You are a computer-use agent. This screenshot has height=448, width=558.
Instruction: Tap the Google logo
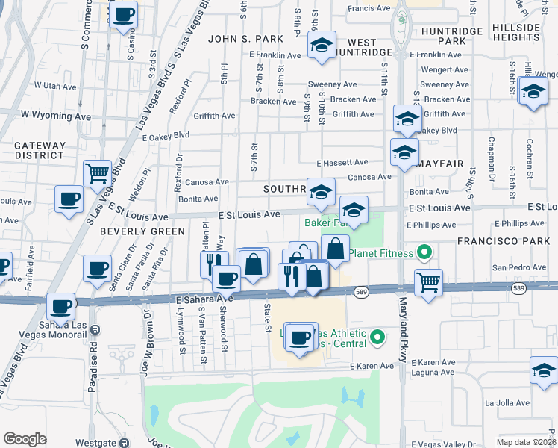(x=25, y=439)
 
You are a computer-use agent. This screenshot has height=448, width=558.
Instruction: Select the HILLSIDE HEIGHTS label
(x=515, y=33)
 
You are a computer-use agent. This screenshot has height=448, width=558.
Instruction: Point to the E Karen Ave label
(x=372, y=366)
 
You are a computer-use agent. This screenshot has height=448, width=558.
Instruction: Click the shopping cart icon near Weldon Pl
(x=97, y=174)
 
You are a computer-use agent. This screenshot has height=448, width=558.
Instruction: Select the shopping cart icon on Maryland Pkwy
(x=428, y=282)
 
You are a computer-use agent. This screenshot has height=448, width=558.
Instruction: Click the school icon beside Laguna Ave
(x=544, y=370)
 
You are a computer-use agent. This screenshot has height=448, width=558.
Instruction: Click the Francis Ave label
(x=369, y=9)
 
